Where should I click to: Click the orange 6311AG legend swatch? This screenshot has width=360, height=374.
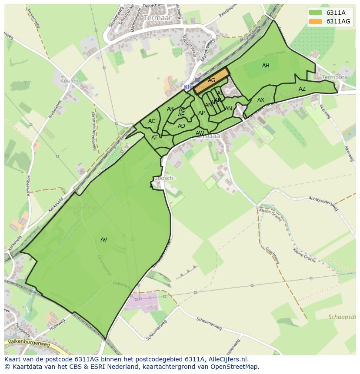point(316,21)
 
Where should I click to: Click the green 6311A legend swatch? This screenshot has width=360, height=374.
point(316,12)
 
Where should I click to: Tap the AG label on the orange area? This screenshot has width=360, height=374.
point(211,80)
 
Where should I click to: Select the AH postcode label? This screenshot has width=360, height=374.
point(266,66)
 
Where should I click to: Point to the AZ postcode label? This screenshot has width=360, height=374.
point(302,89)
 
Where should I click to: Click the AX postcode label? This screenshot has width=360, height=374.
point(261,100)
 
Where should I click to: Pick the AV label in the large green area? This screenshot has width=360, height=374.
point(103,240)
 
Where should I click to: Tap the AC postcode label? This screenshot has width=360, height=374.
point(152,121)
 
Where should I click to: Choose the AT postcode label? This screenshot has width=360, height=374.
point(154,138)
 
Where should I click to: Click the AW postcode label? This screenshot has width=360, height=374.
point(200,133)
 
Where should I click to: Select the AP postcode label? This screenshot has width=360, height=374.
point(201,113)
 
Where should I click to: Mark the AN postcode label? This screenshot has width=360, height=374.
point(228,109)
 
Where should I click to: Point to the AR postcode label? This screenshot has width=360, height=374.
point(170,109)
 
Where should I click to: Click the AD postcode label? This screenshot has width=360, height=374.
point(181,126)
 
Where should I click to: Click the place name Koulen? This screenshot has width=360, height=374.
point(70,81)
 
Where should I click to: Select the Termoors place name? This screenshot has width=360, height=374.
point(334,77)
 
